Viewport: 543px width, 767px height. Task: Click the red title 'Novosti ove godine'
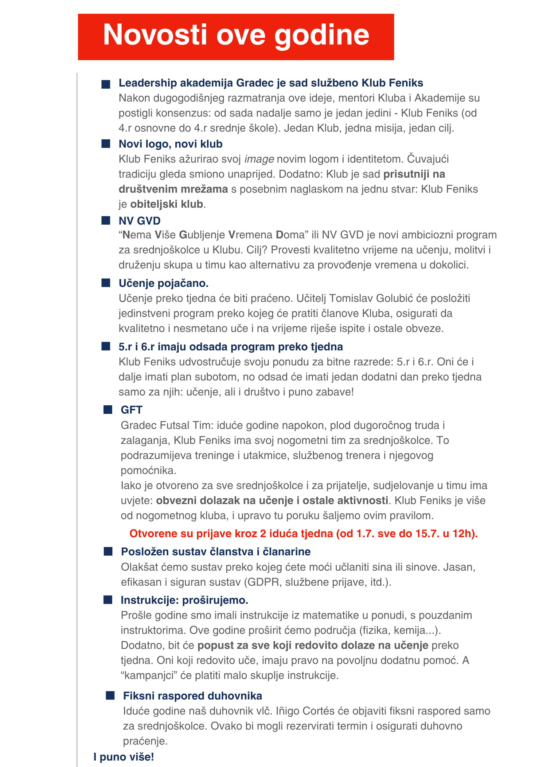[236, 35]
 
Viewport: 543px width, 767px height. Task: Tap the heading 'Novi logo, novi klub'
[170, 144]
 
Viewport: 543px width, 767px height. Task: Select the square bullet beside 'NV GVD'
[106, 221]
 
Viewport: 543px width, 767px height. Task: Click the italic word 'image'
[259, 159]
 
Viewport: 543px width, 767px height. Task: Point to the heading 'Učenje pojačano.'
[163, 283]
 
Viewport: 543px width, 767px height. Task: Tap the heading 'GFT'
[131, 410]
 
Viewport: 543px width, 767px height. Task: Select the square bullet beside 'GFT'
[108, 410]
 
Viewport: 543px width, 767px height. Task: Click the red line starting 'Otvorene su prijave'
[303, 534]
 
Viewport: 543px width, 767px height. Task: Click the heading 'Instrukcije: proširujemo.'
[184, 600]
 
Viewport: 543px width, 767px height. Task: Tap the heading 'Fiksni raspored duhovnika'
[192, 696]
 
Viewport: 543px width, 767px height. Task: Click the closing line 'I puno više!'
[124, 757]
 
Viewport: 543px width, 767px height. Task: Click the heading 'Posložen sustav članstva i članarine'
[216, 552]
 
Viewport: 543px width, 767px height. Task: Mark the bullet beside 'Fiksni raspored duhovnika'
[110, 696]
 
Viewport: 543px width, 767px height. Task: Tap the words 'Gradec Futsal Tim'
[167, 425]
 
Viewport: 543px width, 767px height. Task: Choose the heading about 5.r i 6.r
[231, 347]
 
